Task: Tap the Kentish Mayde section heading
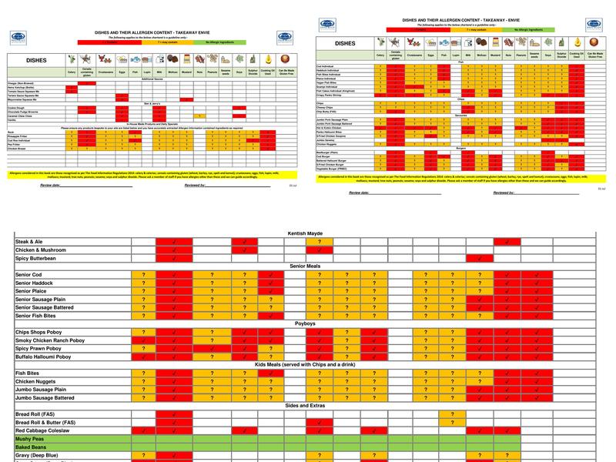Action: tap(307, 232)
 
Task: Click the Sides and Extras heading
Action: tap(307, 404)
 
